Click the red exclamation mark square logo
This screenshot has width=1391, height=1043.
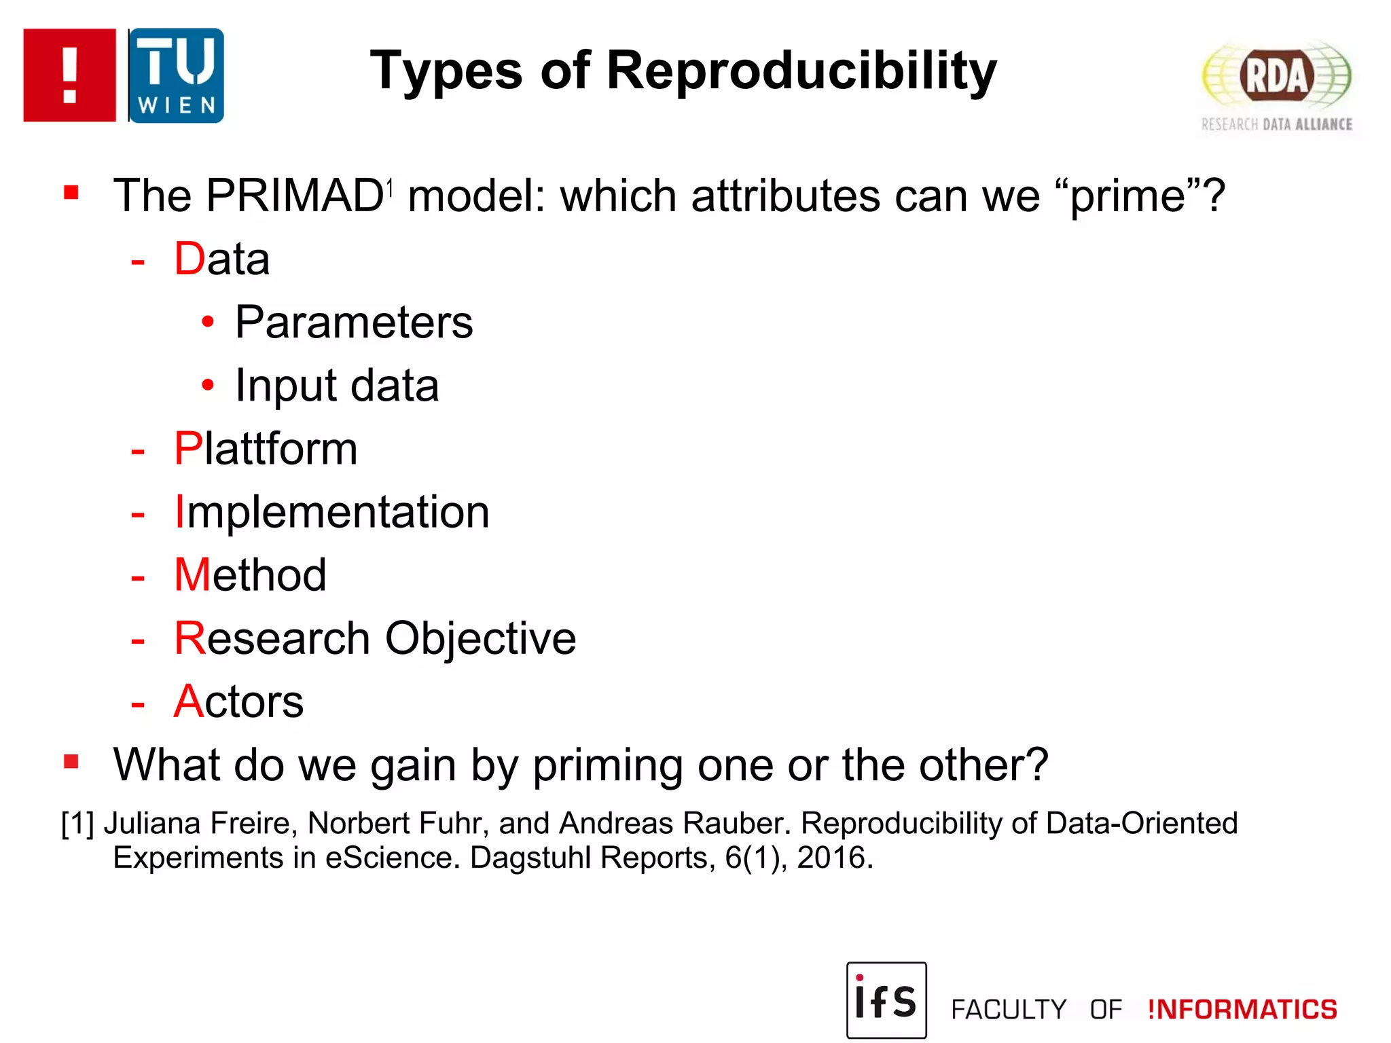pos(69,75)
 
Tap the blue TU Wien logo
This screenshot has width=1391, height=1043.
pos(177,75)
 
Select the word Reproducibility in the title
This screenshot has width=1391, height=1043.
pos(801,71)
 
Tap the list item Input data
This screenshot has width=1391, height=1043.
pos(337,386)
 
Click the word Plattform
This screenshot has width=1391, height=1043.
pos(266,449)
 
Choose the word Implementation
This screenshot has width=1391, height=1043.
pos(331,512)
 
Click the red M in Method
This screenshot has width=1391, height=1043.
pos(192,575)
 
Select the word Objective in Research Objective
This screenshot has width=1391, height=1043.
pos(480,638)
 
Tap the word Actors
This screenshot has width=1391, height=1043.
pos(238,701)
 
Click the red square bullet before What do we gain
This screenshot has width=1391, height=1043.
pos(71,761)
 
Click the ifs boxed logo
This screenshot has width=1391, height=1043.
pos(886,1000)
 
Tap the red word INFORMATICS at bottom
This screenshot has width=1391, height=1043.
pos(1242,1010)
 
